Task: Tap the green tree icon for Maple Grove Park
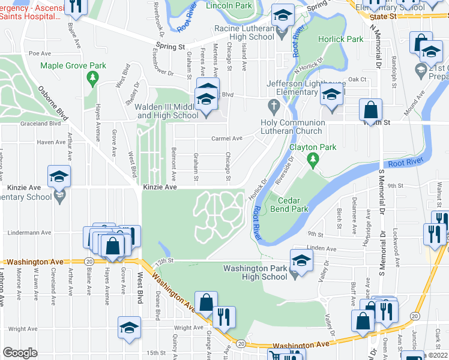pyautogui.click(x=92, y=77)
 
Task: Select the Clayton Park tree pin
pyautogui.click(x=312, y=159)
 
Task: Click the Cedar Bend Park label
pyautogui.click(x=292, y=205)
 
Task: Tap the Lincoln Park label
pyautogui.click(x=229, y=5)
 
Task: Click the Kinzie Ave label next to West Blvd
pyautogui.click(x=160, y=187)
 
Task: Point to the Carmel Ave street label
pyautogui.click(x=226, y=139)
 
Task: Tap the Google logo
pyautogui.click(x=20, y=353)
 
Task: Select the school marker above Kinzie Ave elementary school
pyautogui.click(x=59, y=176)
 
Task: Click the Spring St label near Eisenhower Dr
pyautogui.click(x=172, y=46)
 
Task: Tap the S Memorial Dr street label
pyautogui.click(x=381, y=192)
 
